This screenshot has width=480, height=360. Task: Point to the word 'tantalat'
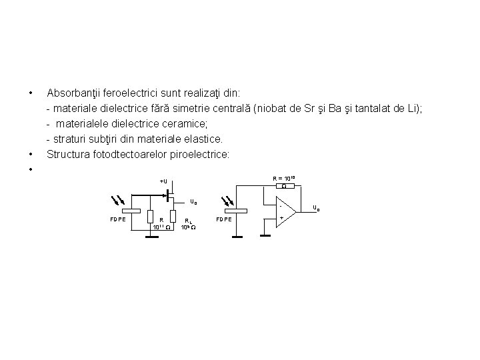[379, 109]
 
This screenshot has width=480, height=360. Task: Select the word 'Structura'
[69, 155]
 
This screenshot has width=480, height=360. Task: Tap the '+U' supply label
[164, 181]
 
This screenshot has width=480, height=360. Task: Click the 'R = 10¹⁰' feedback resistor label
[284, 178]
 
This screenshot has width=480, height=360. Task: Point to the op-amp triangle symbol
[284, 210]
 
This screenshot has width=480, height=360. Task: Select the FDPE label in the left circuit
[117, 219]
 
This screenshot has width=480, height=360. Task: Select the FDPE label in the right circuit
[224, 219]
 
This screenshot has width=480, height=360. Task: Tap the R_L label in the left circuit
[189, 220]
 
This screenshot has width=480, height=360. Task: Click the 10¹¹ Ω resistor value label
[161, 227]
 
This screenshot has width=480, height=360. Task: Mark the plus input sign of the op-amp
[282, 218]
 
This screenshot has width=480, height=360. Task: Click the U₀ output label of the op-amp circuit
[316, 208]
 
